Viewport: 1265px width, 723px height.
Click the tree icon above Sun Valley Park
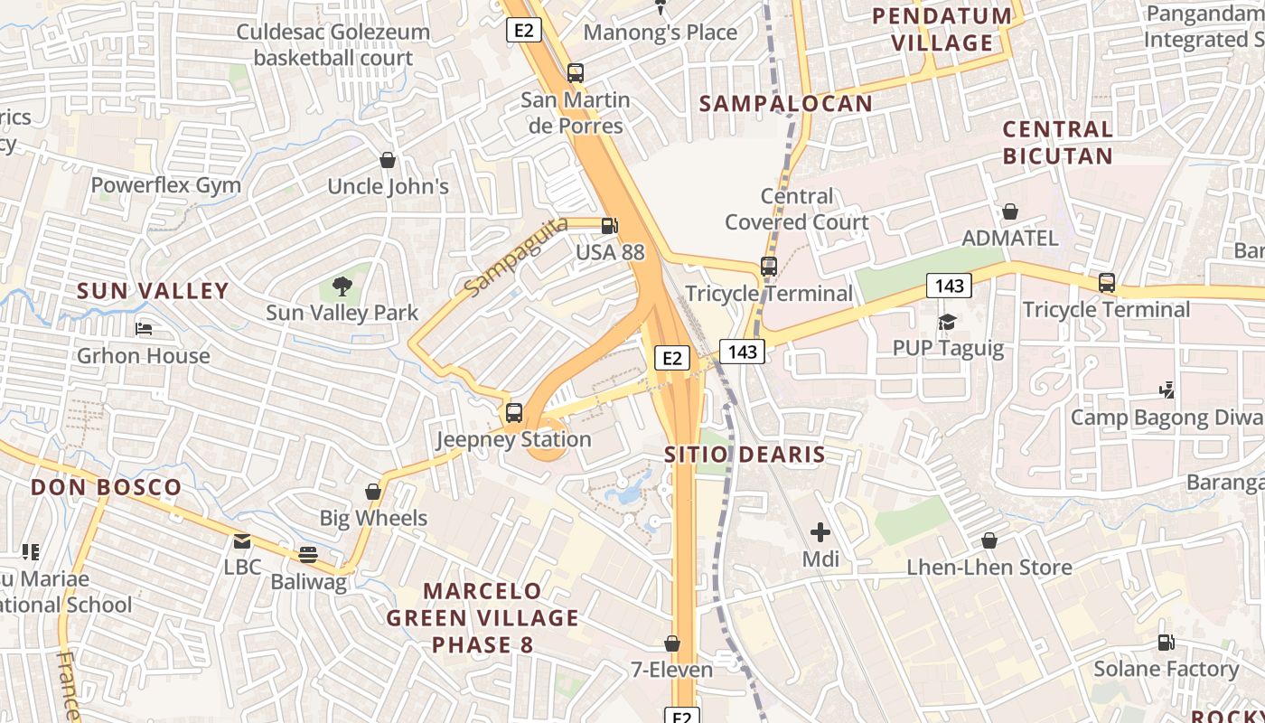tap(342, 286)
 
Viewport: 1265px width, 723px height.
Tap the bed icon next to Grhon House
tap(143, 329)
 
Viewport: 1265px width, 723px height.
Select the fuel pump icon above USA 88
tap(610, 226)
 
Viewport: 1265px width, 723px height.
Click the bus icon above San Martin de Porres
tap(575, 73)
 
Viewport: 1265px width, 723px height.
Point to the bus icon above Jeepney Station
tap(514, 413)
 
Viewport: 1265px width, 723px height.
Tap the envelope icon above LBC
tap(242, 541)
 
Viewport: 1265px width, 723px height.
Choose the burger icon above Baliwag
tap(308, 554)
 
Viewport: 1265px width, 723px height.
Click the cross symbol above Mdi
tap(820, 532)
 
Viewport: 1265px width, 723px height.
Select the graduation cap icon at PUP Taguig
tap(947, 322)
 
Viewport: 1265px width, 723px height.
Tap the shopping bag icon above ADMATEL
tap(1010, 211)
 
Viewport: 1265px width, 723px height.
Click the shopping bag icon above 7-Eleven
tap(672, 643)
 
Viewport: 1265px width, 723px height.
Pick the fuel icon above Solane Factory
tap(1167, 643)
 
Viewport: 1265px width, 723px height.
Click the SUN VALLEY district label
tap(153, 291)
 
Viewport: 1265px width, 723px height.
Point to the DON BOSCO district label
tap(107, 487)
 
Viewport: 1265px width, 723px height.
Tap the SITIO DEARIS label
tap(745, 454)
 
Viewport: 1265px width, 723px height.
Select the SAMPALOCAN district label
tap(786, 103)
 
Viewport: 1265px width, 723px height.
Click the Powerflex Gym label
tap(166, 185)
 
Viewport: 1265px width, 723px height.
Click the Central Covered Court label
tap(797, 209)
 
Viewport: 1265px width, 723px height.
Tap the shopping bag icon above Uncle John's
tap(388, 161)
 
